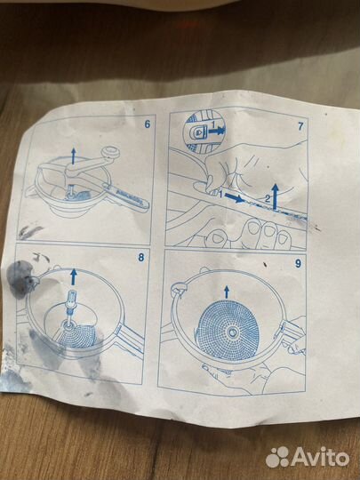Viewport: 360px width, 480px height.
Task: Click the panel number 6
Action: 148,124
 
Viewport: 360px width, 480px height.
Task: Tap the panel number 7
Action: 300,126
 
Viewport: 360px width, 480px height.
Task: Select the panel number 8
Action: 141,257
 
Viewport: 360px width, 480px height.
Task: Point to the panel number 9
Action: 298,264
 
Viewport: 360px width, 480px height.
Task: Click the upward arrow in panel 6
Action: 73,156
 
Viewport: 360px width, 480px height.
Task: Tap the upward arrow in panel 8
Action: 74,276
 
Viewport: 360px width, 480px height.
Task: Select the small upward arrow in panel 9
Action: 227,292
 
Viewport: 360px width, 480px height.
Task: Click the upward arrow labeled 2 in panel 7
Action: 275,196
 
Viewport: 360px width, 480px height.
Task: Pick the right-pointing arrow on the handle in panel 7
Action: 235,198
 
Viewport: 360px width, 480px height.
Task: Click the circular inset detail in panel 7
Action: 204,132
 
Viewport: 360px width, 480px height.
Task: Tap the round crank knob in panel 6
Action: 110,152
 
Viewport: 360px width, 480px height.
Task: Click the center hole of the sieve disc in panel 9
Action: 232,332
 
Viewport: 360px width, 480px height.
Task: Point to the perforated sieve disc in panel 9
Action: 228,332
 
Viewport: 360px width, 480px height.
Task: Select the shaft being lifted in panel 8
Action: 71,309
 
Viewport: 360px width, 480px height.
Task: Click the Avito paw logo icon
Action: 277,457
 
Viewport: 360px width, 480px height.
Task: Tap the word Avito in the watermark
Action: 321,457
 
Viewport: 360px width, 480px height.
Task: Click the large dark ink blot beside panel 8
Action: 20,278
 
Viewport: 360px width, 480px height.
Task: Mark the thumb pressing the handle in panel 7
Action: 203,186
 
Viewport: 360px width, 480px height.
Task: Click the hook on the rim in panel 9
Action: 178,289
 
